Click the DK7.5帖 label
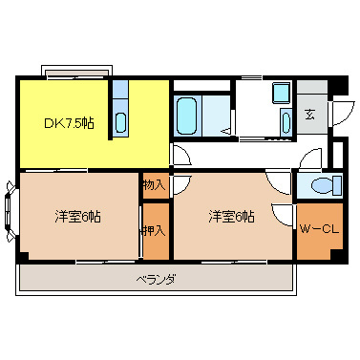[x=68, y=123]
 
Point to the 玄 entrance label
[x=310, y=115]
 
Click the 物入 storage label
[x=153, y=184]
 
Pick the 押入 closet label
[x=153, y=230]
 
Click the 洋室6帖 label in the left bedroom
[x=77, y=217]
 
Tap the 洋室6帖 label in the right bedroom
[x=232, y=217]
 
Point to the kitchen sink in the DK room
[x=120, y=121]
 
